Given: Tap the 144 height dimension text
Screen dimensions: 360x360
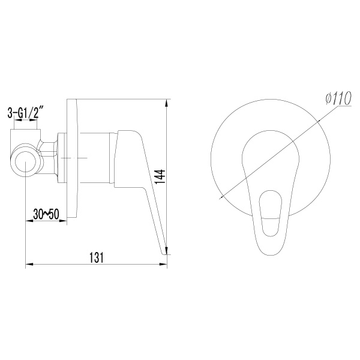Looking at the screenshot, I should tap(160, 178).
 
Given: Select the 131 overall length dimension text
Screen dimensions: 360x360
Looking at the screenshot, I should tap(96, 257).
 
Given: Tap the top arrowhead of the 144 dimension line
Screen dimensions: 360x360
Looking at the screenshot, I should tap(167, 101).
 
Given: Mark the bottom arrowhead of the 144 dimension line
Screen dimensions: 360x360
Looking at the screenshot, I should tap(167, 252).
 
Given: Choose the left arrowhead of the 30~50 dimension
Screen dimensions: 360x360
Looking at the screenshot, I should tap(27, 220).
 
